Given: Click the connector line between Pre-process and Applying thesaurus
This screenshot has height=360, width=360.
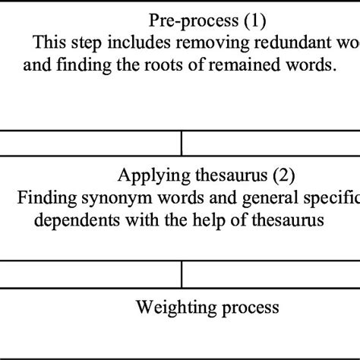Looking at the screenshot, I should tap(182, 143).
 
